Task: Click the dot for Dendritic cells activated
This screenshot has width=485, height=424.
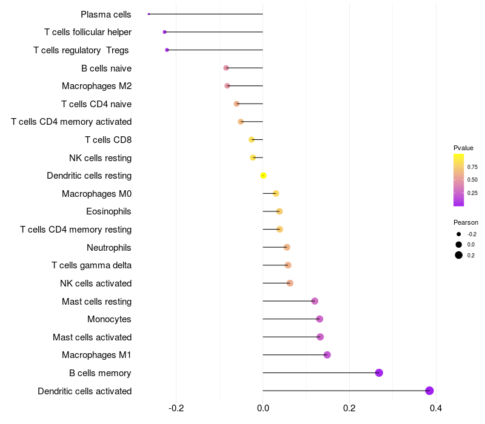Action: [429, 391]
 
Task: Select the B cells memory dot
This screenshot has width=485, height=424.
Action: [379, 373]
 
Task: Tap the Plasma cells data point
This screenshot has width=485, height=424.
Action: [149, 14]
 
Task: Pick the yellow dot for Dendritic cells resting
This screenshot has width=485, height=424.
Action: [263, 176]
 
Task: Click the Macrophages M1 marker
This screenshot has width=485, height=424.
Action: [327, 355]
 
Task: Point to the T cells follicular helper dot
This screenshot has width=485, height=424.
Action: [164, 32]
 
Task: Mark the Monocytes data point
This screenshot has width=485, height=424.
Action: [319, 319]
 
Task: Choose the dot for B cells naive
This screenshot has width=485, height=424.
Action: [226, 68]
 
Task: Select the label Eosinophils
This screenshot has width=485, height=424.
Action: [109, 211]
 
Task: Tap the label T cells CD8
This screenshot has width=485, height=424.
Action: [108, 140]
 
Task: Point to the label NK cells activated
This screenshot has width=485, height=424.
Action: [96, 283]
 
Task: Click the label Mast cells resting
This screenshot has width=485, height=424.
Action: [96, 302]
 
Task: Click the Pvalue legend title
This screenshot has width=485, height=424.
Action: [463, 148]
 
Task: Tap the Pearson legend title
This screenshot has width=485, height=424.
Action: [466, 222]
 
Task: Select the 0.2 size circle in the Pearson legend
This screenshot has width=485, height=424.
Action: [459, 255]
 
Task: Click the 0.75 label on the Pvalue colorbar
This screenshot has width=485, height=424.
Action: [472, 167]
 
